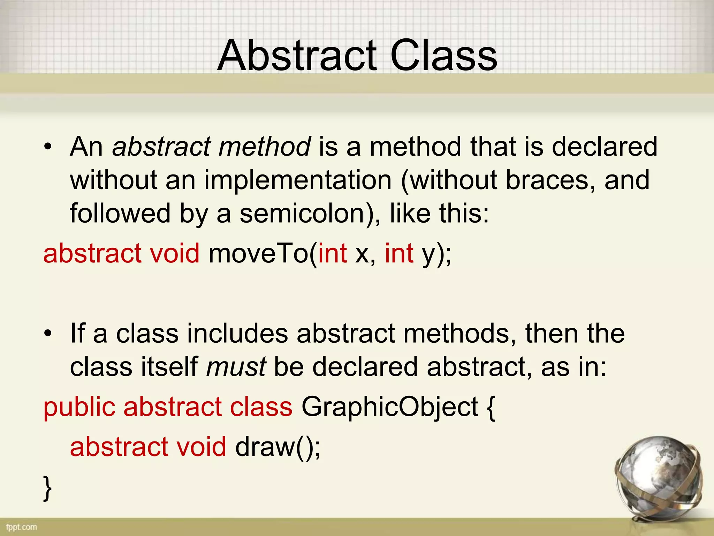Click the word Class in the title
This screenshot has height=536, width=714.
[443, 56]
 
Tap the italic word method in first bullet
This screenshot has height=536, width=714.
[264, 147]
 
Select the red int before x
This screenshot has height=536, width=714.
[332, 253]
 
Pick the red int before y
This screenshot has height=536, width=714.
[399, 253]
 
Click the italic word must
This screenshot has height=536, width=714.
[236, 367]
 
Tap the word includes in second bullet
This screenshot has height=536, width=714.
[237, 334]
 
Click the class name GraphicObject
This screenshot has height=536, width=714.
[390, 407]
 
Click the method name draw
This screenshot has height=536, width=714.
[265, 447]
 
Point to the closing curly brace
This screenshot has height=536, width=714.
[48, 488]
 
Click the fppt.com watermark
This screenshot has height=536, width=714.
[22, 527]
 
